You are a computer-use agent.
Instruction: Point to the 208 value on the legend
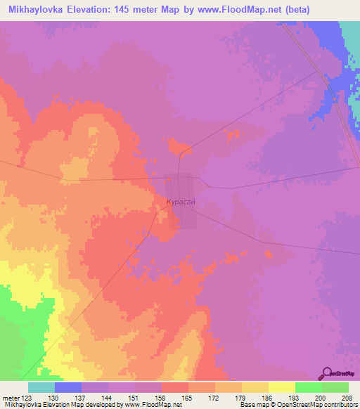click(x=347, y=398)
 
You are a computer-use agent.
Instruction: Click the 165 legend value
click(x=186, y=398)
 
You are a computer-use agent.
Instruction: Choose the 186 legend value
click(x=266, y=398)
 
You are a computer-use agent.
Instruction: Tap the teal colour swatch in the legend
click(x=41, y=387)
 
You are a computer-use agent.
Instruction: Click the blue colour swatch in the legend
click(x=68, y=387)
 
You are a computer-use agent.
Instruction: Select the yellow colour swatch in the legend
click(x=282, y=387)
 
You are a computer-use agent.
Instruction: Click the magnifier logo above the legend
click(x=328, y=374)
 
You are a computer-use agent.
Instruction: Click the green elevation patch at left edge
click(x=10, y=330)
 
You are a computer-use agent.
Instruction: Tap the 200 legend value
click(x=320, y=398)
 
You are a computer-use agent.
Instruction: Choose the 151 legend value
click(x=132, y=398)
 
